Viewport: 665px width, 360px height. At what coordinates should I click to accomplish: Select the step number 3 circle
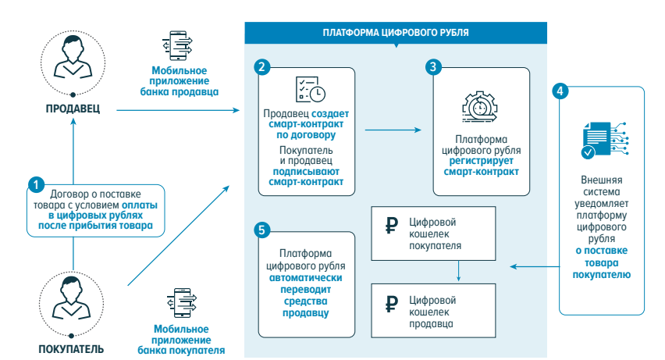pos(434,67)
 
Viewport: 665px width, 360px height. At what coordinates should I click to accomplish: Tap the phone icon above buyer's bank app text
pos(182,303)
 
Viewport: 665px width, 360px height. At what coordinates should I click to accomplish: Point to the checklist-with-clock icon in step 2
pos(309,91)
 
